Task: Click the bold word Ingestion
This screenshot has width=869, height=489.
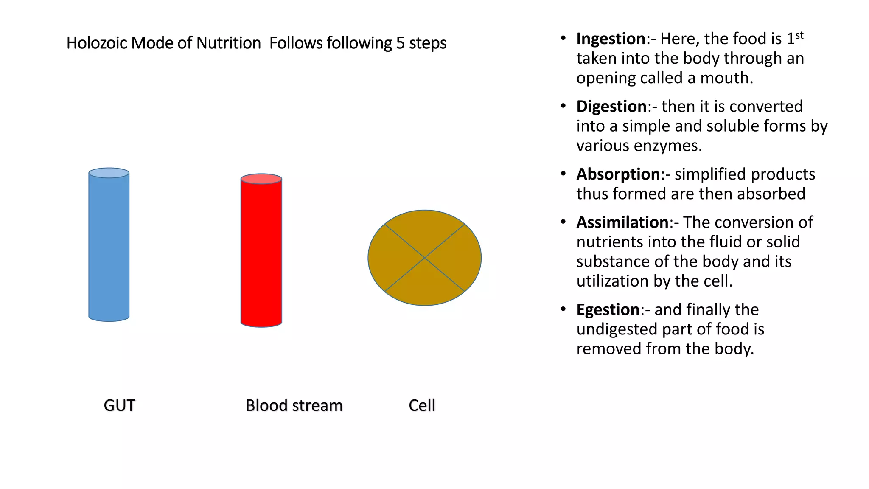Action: [x=611, y=39]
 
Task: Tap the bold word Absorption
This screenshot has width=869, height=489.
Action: [x=618, y=174]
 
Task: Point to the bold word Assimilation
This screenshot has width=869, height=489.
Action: [x=622, y=222]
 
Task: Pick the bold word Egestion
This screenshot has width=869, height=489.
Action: [x=608, y=310]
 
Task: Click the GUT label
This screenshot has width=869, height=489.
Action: [x=119, y=405]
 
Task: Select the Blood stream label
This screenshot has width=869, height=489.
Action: [x=294, y=405]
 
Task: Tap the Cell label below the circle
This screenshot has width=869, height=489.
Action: [x=422, y=405]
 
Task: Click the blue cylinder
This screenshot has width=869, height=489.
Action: [x=109, y=250]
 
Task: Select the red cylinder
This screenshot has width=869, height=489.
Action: [x=261, y=255]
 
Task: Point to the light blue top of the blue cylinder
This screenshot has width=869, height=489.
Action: [x=109, y=173]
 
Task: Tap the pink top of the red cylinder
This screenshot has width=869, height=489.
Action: [x=261, y=179]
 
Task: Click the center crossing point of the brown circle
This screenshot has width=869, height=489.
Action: [x=425, y=258]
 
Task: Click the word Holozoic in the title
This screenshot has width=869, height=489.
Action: [x=96, y=43]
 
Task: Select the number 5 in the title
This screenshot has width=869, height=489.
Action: [x=400, y=43]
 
